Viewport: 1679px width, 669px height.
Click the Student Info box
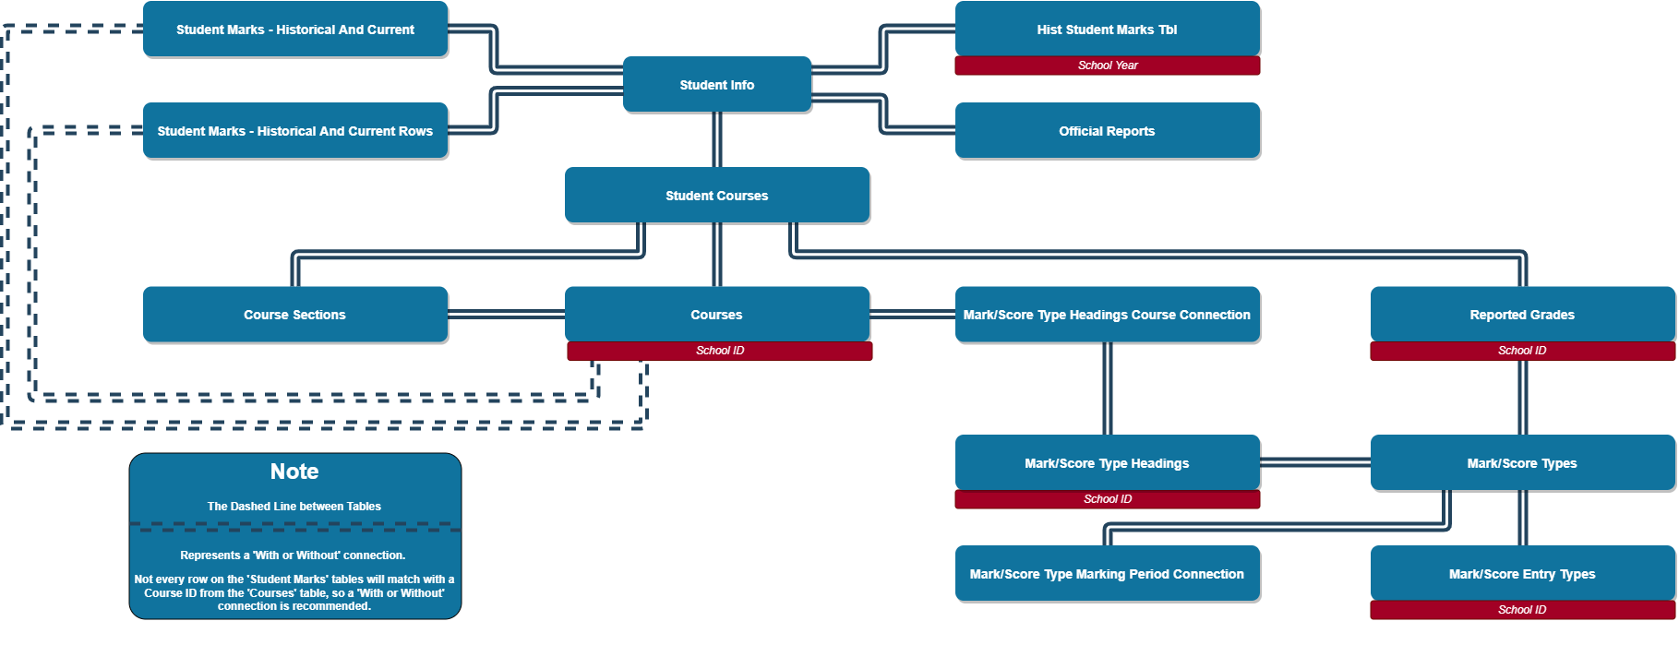[x=717, y=85]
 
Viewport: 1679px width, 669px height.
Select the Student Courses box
[x=717, y=196]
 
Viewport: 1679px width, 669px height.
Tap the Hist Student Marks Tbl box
[x=1107, y=30]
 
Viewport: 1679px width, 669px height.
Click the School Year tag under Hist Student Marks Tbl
[x=1107, y=66]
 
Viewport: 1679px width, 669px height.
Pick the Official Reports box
[x=1107, y=131]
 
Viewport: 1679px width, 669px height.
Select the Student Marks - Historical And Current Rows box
[x=295, y=131]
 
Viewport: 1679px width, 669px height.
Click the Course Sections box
[x=295, y=315]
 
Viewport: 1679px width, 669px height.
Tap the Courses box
[x=717, y=315]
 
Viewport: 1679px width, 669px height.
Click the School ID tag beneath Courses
[x=719, y=351]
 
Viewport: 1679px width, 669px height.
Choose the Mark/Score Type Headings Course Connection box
[x=1107, y=315]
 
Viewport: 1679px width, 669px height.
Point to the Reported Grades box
[x=1522, y=315]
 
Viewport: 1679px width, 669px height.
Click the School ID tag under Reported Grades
[x=1522, y=351]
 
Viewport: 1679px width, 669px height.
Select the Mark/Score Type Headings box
[x=1107, y=463]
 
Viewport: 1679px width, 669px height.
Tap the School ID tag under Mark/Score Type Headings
[x=1107, y=499]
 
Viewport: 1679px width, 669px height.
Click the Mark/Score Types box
[x=1522, y=463]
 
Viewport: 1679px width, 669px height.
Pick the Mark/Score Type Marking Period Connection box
[x=1107, y=574]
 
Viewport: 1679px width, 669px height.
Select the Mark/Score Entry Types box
[x=1522, y=574]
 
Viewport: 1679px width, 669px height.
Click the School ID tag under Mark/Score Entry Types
[x=1522, y=610]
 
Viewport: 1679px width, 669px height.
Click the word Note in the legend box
[x=294, y=472]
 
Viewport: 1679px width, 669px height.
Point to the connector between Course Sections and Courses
[x=506, y=315]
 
